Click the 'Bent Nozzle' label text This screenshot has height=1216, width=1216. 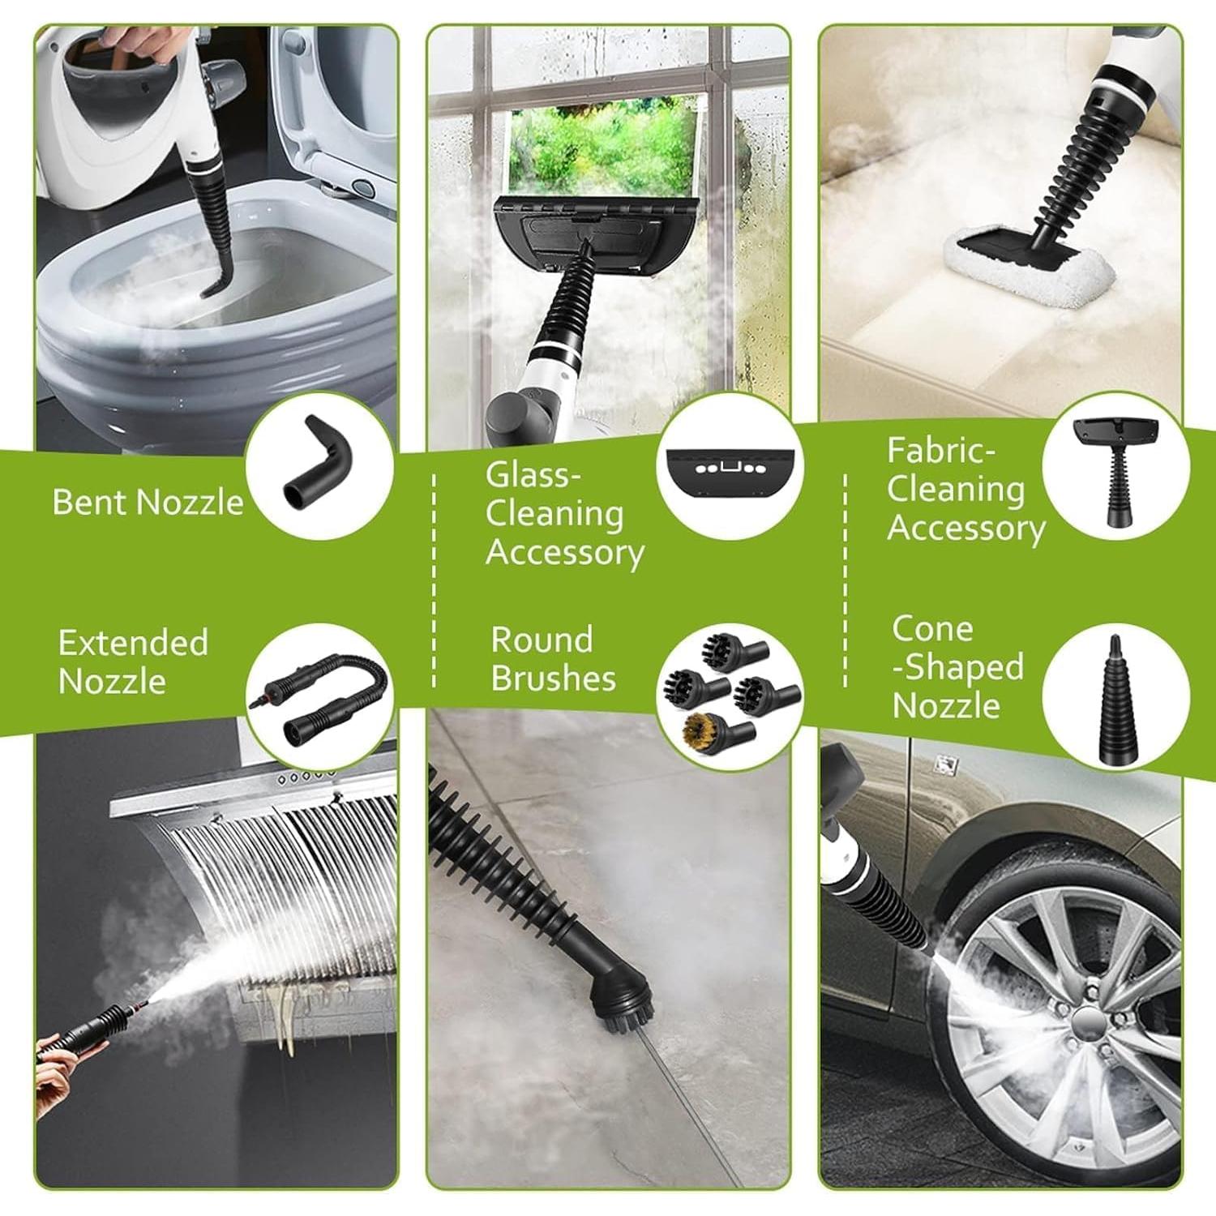(148, 503)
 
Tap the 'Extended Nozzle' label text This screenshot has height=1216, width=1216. (133, 662)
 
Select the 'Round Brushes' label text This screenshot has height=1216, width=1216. (553, 659)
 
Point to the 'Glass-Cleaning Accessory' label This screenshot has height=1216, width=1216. (564, 514)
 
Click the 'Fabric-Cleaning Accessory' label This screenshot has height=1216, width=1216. (965, 489)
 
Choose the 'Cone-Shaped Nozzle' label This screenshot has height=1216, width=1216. (957, 667)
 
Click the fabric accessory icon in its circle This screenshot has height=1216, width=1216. (1115, 470)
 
